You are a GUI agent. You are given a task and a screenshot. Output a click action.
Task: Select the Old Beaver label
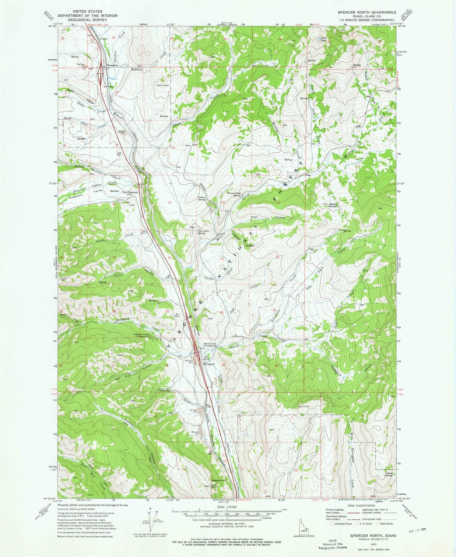coord(209,364)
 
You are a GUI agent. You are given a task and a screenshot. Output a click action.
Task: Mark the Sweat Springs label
coord(388,475)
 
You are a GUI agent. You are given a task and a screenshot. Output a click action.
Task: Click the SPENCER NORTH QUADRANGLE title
coord(367,12)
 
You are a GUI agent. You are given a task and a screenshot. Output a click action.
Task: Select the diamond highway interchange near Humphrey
coord(101,75)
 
